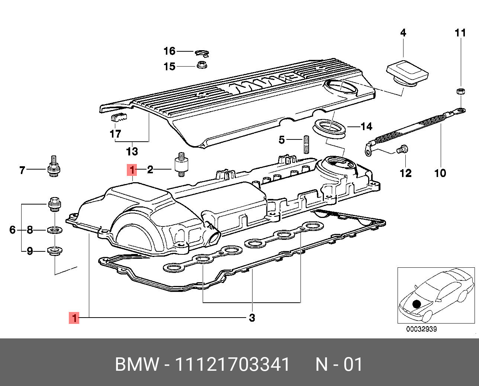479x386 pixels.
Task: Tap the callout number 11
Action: coord(460,33)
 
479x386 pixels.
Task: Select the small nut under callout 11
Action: coord(460,91)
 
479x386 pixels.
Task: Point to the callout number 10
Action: coord(440,173)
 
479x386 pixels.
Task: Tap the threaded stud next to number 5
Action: coord(306,145)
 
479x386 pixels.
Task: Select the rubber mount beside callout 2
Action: coord(181,164)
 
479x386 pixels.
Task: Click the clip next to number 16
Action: coord(202,53)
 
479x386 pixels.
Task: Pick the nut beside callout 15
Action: coord(202,65)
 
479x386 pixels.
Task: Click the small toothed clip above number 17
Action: coord(119,117)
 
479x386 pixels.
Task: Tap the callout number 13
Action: coord(132,151)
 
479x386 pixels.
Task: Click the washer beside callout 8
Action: coord(55,229)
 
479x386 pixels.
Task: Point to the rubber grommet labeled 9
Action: coord(55,251)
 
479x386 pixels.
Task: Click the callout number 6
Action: coord(13,230)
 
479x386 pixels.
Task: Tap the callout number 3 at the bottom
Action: coord(252,318)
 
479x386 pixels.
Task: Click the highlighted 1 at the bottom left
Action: coord(74,318)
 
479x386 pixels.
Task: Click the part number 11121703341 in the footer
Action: coord(232,364)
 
